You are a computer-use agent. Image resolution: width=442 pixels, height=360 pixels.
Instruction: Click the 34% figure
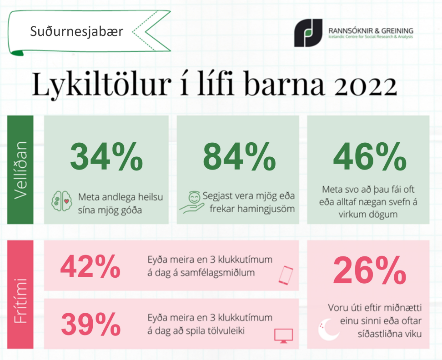106,156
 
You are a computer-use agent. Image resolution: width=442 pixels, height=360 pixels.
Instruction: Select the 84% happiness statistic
239,156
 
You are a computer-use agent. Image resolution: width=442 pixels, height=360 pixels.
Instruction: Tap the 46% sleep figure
370,156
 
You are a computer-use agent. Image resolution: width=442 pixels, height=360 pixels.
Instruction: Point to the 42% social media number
90,266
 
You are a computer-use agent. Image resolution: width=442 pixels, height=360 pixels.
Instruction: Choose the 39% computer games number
91,324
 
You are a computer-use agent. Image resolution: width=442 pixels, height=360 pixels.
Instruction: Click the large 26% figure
369,270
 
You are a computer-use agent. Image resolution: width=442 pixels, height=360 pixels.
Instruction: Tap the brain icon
62,201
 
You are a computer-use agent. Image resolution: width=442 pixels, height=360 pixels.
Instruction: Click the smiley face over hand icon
192,202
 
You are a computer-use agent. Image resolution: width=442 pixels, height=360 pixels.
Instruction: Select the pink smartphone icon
286,275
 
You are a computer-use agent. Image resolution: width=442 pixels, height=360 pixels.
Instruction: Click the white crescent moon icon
329,329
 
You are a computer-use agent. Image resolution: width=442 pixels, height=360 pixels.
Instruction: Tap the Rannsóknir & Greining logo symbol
308,33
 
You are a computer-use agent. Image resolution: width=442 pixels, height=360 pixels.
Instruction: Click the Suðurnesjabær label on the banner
77,31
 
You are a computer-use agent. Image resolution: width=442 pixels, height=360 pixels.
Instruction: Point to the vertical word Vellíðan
20,170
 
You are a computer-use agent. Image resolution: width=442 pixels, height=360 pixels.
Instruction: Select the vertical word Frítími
20,300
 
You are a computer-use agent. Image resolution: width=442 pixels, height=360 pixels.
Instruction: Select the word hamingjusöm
252,209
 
